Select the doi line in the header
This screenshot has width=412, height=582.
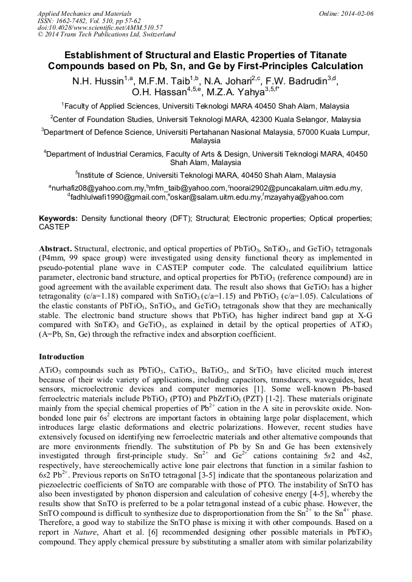coord(100,27)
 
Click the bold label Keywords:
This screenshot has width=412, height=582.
coord(58,217)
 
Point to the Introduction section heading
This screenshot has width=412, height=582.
coord(61,356)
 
